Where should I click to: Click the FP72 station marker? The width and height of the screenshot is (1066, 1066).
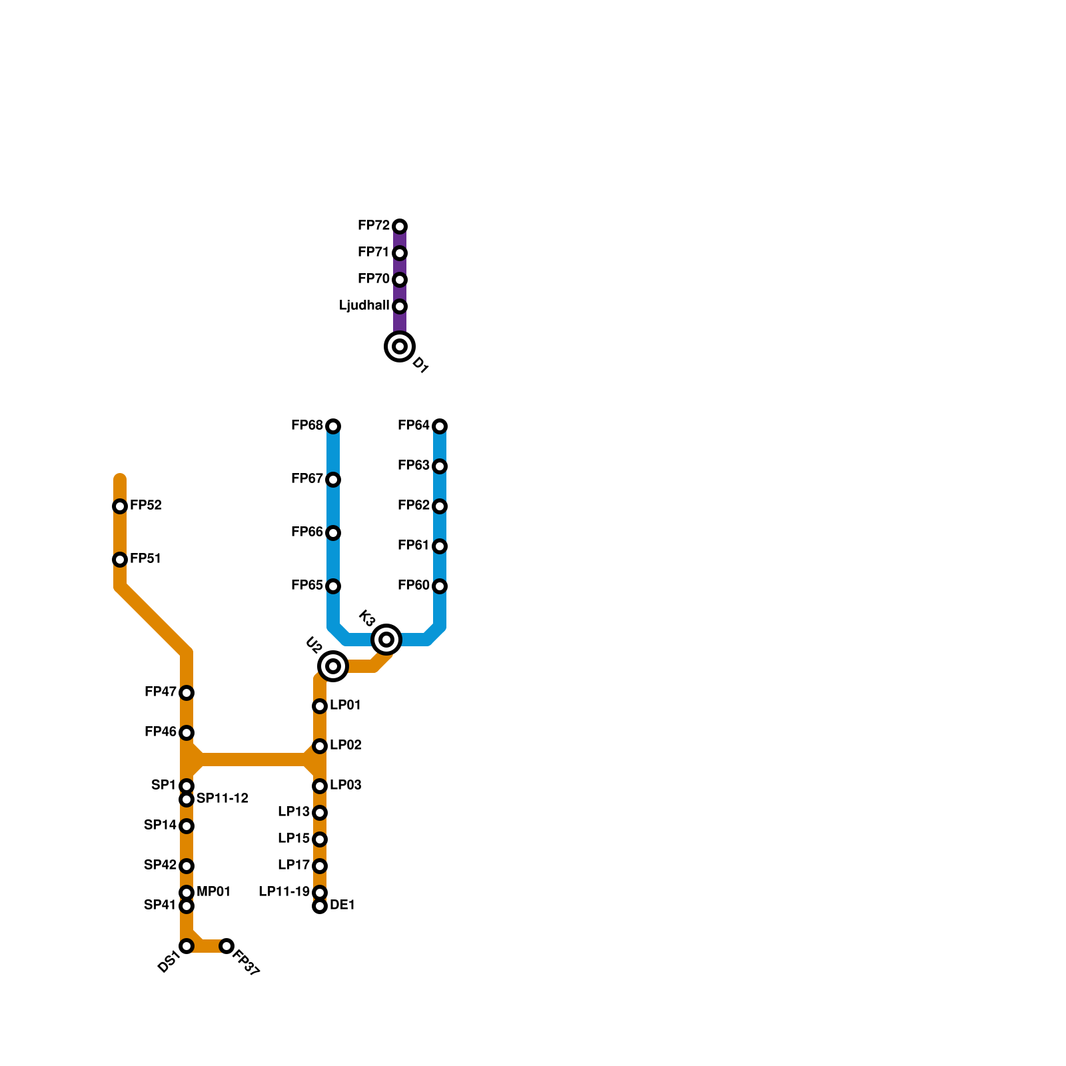(x=400, y=227)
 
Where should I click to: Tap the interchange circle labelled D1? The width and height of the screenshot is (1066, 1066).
(x=400, y=346)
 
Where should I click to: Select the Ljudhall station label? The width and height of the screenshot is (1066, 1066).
(x=364, y=306)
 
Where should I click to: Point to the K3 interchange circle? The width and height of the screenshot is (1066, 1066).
(x=386, y=640)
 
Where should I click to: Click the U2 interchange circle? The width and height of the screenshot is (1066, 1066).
(x=333, y=666)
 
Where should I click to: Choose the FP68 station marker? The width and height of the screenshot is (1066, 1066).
(x=333, y=426)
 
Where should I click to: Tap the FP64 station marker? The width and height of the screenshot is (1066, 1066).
(x=440, y=426)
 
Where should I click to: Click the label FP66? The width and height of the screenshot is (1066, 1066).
(x=306, y=532)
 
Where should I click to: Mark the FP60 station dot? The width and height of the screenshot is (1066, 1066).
(x=440, y=586)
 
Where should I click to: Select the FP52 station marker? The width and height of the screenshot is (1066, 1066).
(x=120, y=506)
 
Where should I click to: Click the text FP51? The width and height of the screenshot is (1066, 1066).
(x=146, y=559)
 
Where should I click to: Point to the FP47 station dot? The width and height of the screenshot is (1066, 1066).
(x=187, y=693)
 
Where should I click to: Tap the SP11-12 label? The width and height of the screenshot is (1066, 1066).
(x=223, y=799)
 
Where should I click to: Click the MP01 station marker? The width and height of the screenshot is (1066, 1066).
(x=187, y=893)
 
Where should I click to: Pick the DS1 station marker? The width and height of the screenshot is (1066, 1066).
(x=187, y=946)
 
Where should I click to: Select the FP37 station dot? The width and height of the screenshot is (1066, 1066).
(x=227, y=946)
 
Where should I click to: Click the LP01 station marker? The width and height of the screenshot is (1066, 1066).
(x=320, y=706)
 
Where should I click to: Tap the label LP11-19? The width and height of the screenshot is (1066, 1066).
(x=284, y=892)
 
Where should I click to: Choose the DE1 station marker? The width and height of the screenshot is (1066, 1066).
(x=320, y=906)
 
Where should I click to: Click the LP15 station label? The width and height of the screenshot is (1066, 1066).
(x=294, y=839)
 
